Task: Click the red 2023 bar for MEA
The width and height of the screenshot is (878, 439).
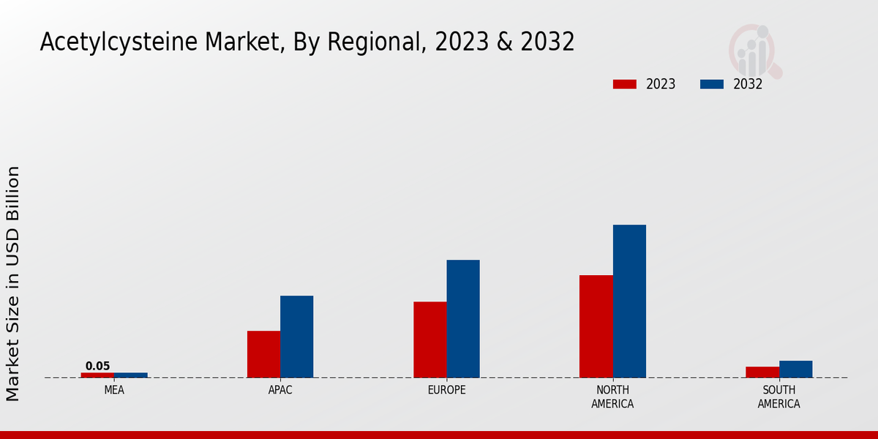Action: pos(97,375)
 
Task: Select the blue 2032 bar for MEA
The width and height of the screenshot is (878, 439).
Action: pos(131,375)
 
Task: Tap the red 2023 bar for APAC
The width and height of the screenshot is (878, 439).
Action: pos(263,354)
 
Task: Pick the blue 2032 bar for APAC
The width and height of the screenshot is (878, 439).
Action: pos(296,337)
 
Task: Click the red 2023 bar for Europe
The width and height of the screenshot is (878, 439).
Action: pos(429,339)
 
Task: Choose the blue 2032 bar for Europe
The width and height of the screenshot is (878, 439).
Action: pos(463,319)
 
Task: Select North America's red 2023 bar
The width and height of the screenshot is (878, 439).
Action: pos(596,326)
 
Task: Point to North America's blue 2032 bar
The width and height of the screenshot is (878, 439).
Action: pos(629,301)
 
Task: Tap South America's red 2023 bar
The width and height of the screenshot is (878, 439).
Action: pos(762,372)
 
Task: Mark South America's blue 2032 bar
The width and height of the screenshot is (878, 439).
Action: pos(795,369)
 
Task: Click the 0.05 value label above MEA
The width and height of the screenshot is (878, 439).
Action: pos(97,367)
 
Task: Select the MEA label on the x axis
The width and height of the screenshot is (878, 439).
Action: pos(114,391)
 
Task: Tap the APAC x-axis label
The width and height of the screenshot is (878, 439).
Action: pos(280,391)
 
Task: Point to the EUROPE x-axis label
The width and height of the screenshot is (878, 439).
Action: pos(446,391)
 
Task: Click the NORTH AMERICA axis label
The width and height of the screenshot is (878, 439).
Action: pos(612,397)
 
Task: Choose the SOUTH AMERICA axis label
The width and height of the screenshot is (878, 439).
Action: pos(778,397)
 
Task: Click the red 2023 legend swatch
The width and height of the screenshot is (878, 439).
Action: pos(624,84)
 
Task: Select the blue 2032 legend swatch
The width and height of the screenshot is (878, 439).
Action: pos(711,84)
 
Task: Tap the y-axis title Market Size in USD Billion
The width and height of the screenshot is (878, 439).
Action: pos(13,283)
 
